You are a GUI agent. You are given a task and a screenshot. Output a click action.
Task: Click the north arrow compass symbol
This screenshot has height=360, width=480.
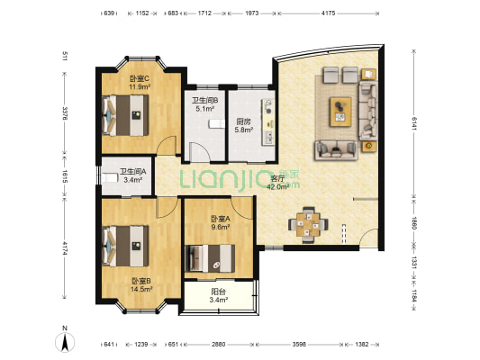(x=65, y=342)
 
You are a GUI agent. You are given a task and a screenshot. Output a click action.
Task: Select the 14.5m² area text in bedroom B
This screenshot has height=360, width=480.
(x=141, y=289)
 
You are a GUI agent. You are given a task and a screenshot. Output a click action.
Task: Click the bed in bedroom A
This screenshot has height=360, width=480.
(x=210, y=258)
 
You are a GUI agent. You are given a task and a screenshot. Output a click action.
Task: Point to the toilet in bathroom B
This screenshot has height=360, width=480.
(x=217, y=124)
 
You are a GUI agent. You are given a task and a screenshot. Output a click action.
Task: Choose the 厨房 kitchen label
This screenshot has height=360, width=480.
(x=243, y=121)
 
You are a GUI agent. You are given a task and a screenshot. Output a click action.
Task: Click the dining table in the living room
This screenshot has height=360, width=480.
(x=308, y=224)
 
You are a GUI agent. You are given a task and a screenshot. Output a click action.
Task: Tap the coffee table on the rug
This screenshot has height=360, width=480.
(x=340, y=112)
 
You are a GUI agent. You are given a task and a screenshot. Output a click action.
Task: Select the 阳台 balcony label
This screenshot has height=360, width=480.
(x=219, y=292)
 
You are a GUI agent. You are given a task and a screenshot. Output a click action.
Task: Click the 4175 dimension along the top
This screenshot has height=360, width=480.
(x=328, y=13)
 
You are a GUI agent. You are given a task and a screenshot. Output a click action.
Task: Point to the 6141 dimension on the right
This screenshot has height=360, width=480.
(x=414, y=123)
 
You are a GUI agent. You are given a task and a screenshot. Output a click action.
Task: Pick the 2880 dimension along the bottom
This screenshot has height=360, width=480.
(x=219, y=345)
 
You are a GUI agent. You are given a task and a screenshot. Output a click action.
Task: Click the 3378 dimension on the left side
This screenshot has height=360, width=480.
(x=65, y=113)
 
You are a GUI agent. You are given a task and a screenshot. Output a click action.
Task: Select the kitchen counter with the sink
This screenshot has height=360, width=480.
(x=268, y=122)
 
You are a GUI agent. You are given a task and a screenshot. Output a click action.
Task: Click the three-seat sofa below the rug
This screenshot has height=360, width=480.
(x=336, y=150)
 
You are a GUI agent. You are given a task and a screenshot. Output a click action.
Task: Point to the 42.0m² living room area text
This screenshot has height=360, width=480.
(x=278, y=187)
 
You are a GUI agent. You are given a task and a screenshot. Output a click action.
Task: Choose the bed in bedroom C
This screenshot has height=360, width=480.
(x=125, y=115)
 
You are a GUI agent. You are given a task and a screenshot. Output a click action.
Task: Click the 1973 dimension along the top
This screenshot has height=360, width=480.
(x=251, y=13)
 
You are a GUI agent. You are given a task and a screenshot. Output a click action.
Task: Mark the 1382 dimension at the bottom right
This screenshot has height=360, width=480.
(x=361, y=345)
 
